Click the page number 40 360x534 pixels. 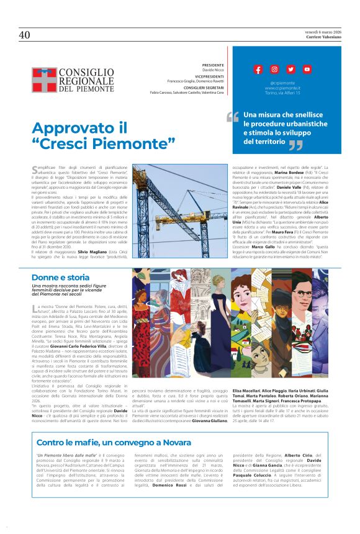pyautogui.click(x=24, y=35)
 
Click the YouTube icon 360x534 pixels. pyautogui.click(x=307, y=70)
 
